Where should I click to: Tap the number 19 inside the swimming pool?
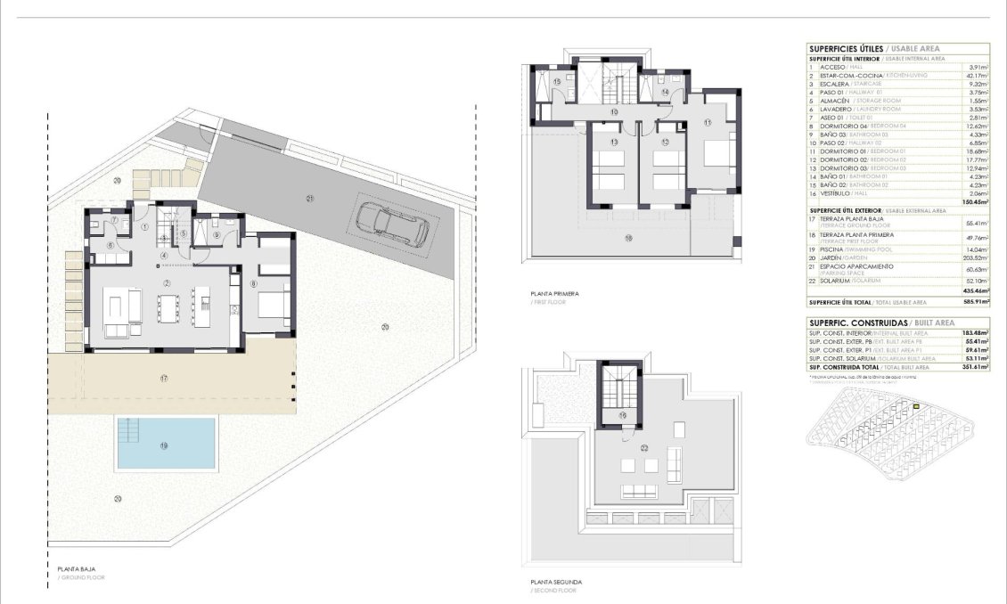coord(165,445)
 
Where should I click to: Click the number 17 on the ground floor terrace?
coord(165,379)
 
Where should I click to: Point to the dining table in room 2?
coord(176,306)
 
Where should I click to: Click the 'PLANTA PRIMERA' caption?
coord(554,293)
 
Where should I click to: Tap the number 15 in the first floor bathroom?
coord(557,82)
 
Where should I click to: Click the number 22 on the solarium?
coord(643,448)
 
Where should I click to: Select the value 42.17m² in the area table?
coord(978,75)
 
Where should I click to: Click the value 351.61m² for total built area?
coord(976,366)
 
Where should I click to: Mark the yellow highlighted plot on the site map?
coord(916,406)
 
